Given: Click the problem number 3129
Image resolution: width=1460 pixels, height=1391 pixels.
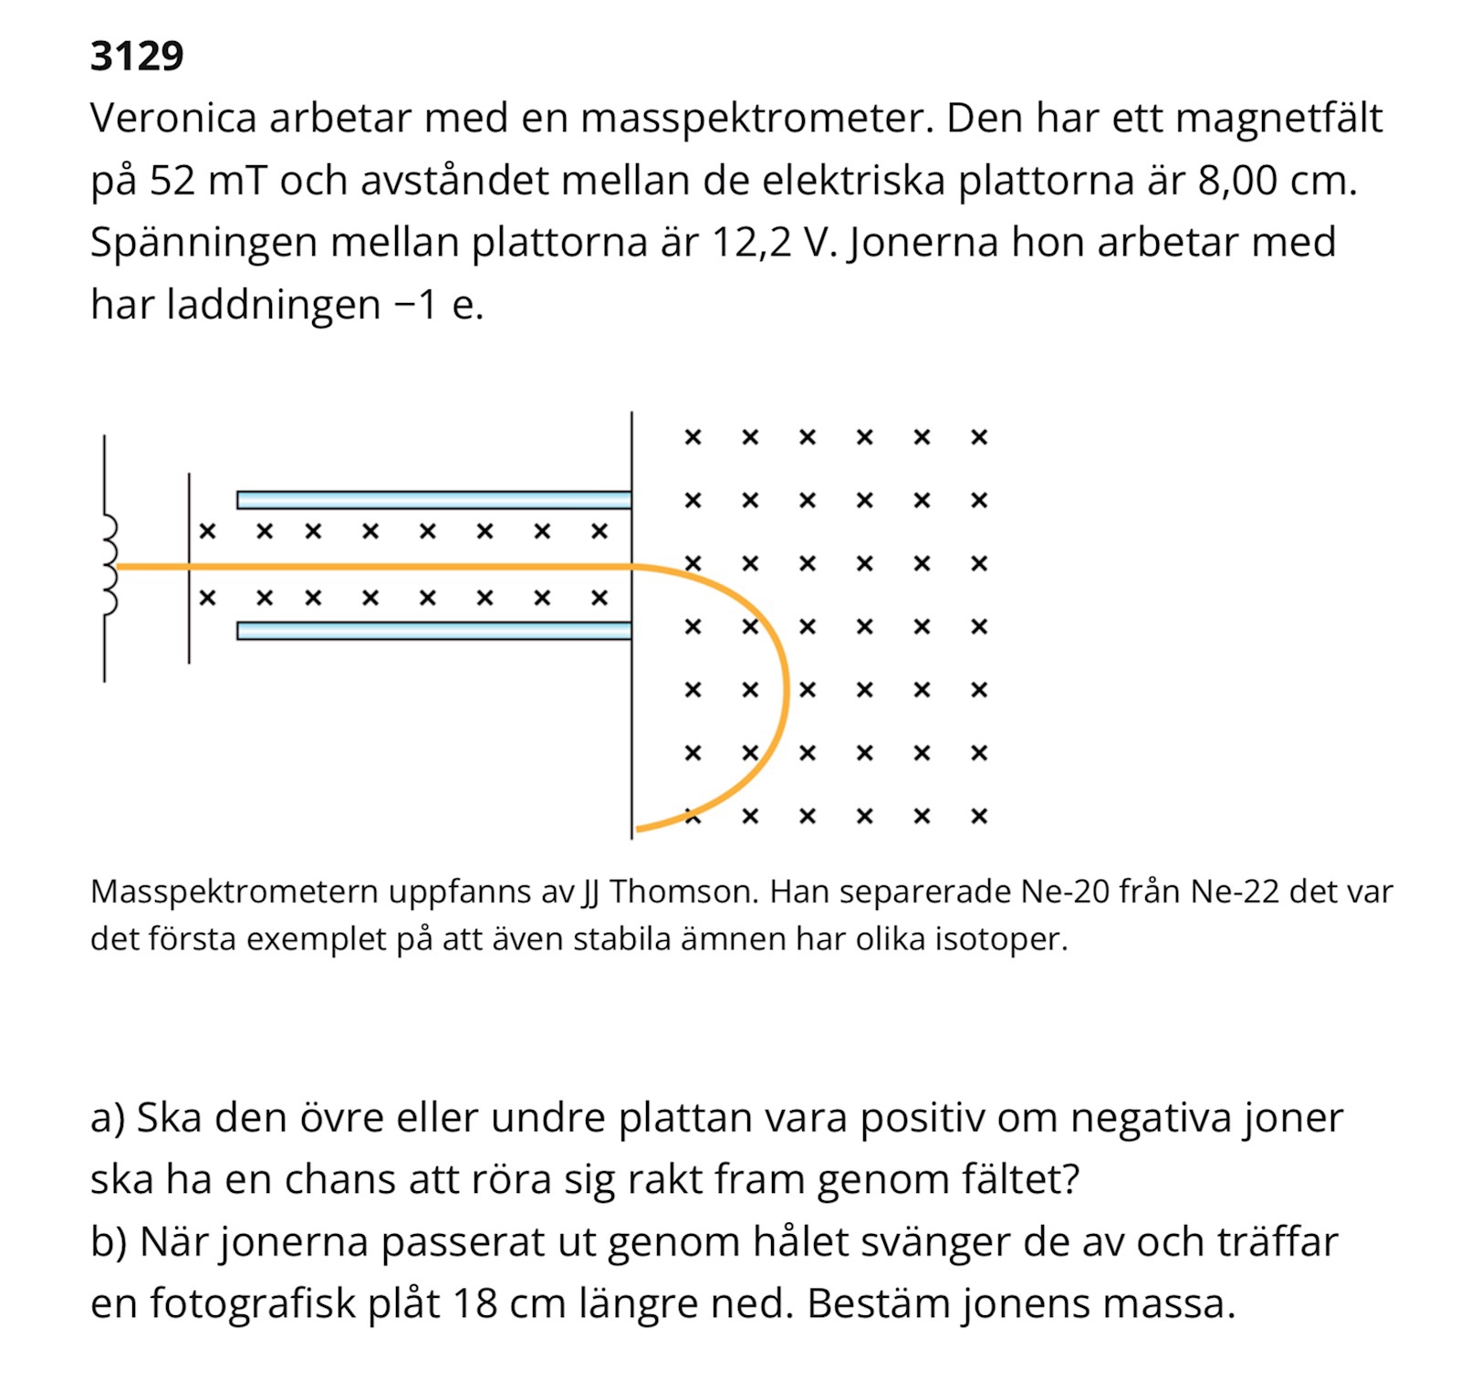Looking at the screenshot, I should coord(137,57).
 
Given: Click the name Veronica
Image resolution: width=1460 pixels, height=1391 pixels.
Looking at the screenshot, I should coord(173,119).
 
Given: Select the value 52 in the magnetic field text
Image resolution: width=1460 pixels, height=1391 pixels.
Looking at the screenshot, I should coord(172,181).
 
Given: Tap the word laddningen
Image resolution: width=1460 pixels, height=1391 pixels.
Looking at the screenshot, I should coord(273,305).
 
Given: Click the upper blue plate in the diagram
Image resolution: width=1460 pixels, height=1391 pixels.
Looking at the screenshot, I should coord(433,499).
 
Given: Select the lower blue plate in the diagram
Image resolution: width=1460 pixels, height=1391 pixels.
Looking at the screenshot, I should coord(433,631).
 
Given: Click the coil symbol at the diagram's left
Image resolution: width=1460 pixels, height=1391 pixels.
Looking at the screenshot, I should coord(109,565).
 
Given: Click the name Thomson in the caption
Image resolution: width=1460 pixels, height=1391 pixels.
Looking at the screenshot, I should coord(683,891).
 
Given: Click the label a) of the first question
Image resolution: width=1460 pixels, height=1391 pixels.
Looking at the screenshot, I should coord(108,1118).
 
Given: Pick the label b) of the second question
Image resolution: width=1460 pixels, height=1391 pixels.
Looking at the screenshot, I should coord(109,1242).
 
